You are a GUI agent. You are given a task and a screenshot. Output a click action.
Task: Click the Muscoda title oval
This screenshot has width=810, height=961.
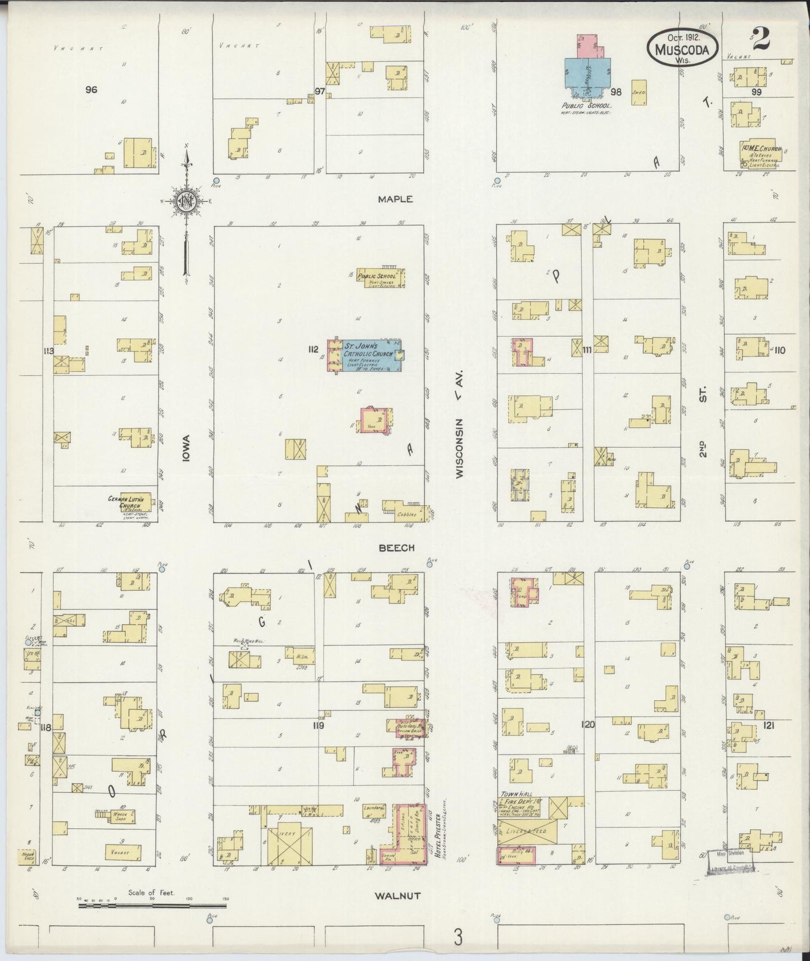coord(683,49)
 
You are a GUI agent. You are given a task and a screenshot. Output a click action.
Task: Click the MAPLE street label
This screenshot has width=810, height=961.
coord(395,199)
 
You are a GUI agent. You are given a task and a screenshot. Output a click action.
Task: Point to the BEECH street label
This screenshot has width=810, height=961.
coord(396,548)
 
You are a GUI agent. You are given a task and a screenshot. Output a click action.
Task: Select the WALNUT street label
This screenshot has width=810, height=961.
coord(397,896)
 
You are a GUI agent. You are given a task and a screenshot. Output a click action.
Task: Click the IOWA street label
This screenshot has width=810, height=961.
coord(186,449)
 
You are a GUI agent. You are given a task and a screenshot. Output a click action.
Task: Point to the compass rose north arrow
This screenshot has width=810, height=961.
coord(186,202)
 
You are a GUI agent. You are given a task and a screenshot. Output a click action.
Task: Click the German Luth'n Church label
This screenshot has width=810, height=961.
coord(127,502)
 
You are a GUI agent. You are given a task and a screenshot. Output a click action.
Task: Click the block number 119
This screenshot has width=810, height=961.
coord(318,725)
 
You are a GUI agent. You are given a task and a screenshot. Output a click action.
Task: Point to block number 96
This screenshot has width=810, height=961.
coord(91,89)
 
